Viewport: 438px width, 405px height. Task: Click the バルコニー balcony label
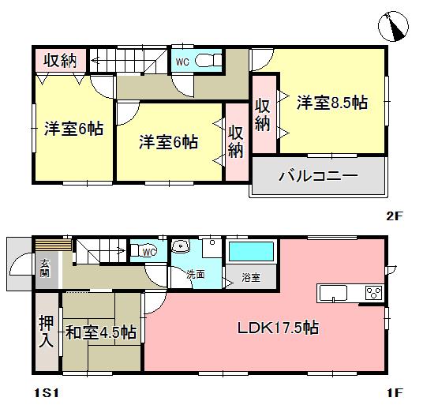coord(317,177)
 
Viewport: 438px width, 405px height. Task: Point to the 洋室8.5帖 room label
coord(332,102)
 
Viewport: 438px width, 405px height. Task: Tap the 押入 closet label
coord(46,332)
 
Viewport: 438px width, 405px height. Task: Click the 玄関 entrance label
coord(43,269)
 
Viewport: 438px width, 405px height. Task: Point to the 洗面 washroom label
coord(196,275)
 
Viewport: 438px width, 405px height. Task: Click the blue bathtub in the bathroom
coord(251,253)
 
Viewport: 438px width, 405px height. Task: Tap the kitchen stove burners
coord(373,294)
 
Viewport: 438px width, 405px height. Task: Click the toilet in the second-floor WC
coord(208,61)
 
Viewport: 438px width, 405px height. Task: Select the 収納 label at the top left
coord(59,59)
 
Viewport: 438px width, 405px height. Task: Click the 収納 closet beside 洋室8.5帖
coord(264,114)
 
